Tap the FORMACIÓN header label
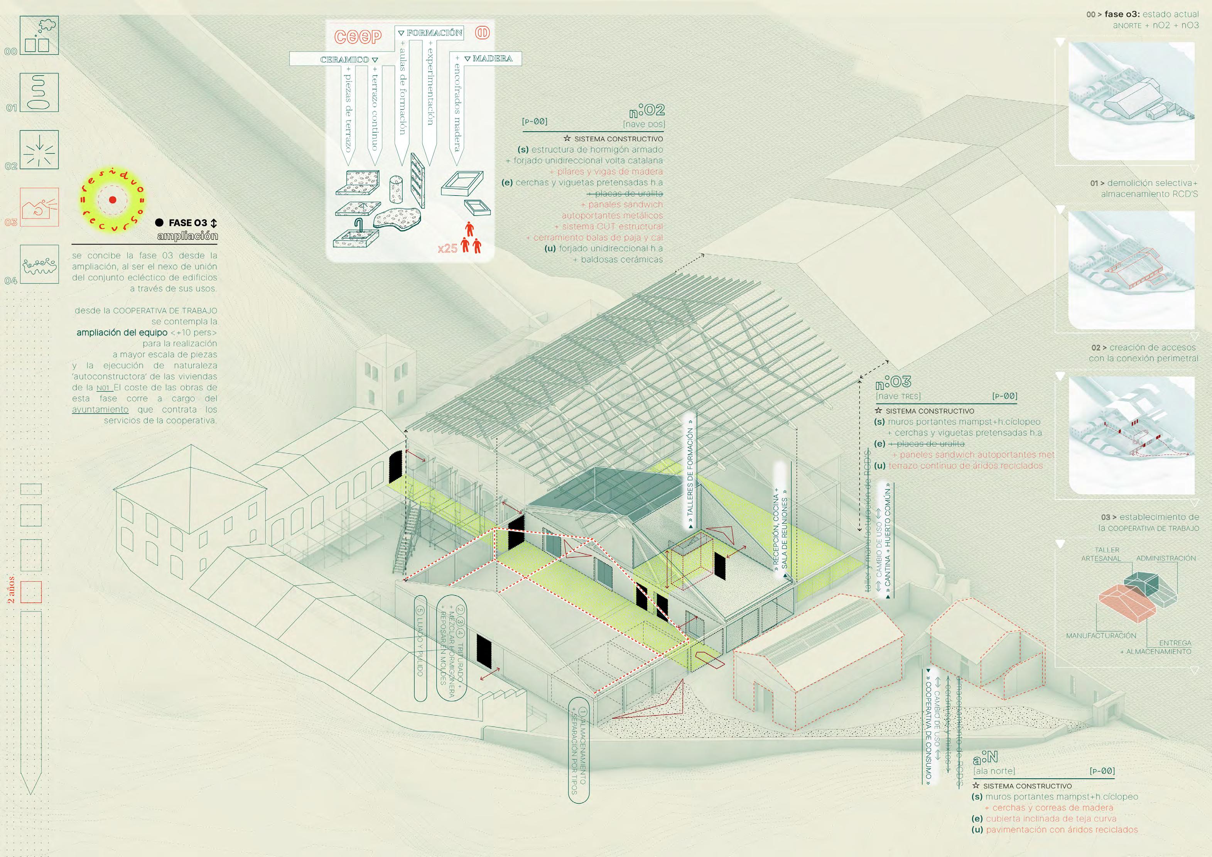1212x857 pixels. point(434,33)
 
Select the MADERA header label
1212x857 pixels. point(492,59)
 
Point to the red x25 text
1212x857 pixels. point(447,248)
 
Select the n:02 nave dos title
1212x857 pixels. point(647,111)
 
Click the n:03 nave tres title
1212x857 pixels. point(893,382)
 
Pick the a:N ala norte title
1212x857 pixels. point(985,758)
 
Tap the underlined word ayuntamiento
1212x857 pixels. point(100,410)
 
